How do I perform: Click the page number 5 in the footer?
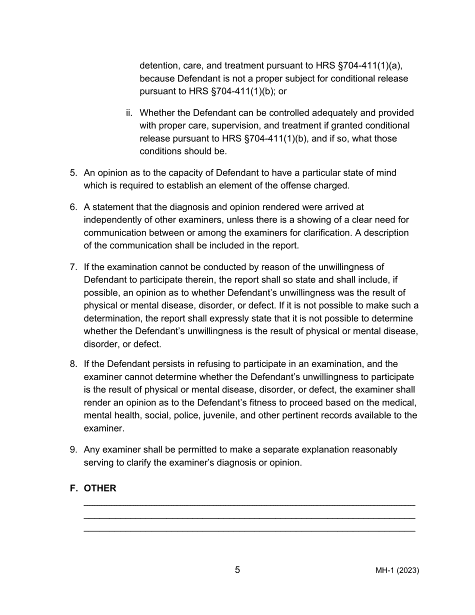point(237,570)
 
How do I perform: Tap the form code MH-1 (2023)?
point(397,571)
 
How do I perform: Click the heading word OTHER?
point(100,488)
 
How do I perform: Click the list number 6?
point(73,207)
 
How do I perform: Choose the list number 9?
point(73,450)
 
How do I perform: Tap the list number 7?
point(73,267)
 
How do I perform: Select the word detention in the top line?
point(159,66)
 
